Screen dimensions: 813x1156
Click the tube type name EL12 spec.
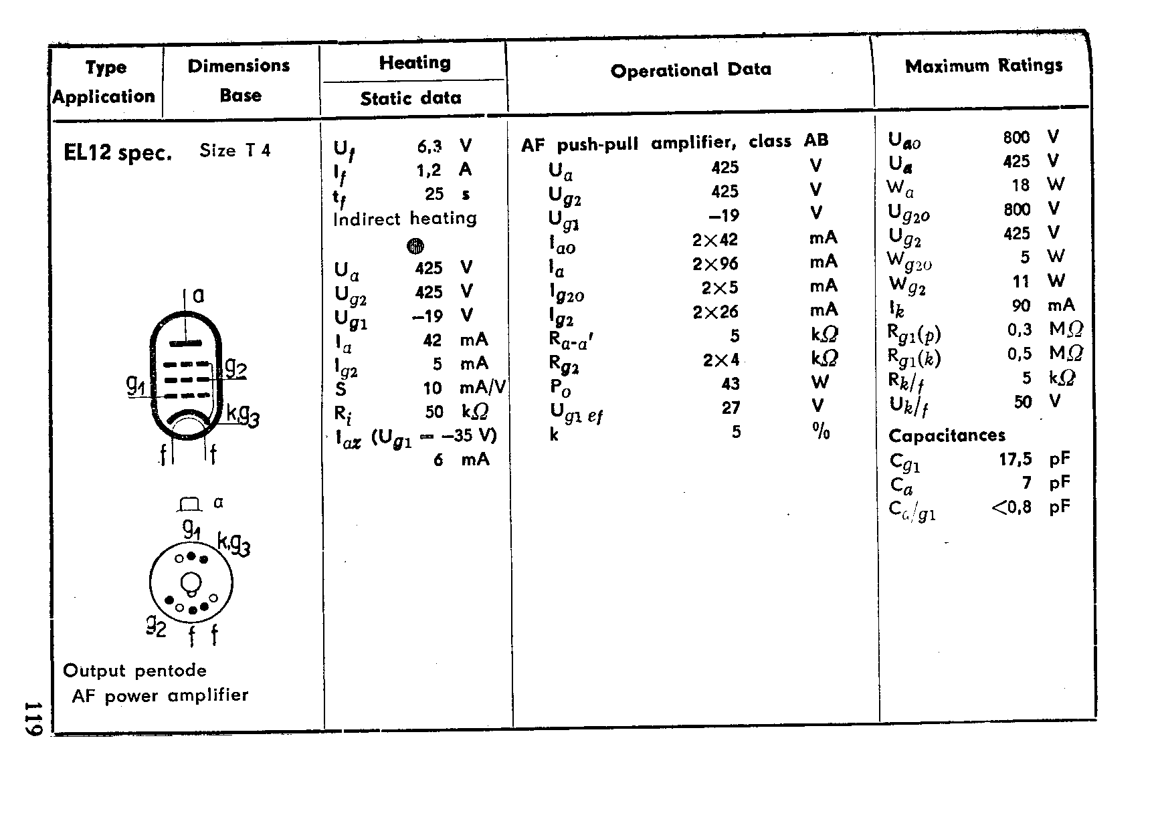point(118,153)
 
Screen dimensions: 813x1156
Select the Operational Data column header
point(690,70)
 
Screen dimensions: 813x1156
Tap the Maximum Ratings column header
point(983,66)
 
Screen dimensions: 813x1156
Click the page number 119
point(33,719)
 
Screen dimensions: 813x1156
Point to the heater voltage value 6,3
point(429,146)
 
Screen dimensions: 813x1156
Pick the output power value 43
point(731,384)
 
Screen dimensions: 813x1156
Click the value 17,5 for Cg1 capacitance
point(1011,459)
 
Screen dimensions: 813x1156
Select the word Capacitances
point(947,436)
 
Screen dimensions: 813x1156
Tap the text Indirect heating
point(405,219)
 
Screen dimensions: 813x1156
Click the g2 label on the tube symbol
point(235,367)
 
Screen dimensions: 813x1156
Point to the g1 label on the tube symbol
point(136,384)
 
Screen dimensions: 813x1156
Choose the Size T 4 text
point(235,150)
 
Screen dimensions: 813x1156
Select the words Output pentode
point(134,671)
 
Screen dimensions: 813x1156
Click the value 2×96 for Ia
point(715,264)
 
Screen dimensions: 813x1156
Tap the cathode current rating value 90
point(1021,306)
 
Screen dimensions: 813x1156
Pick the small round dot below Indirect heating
point(415,246)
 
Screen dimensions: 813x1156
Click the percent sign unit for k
point(821,432)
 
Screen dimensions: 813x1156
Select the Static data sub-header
point(411,99)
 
